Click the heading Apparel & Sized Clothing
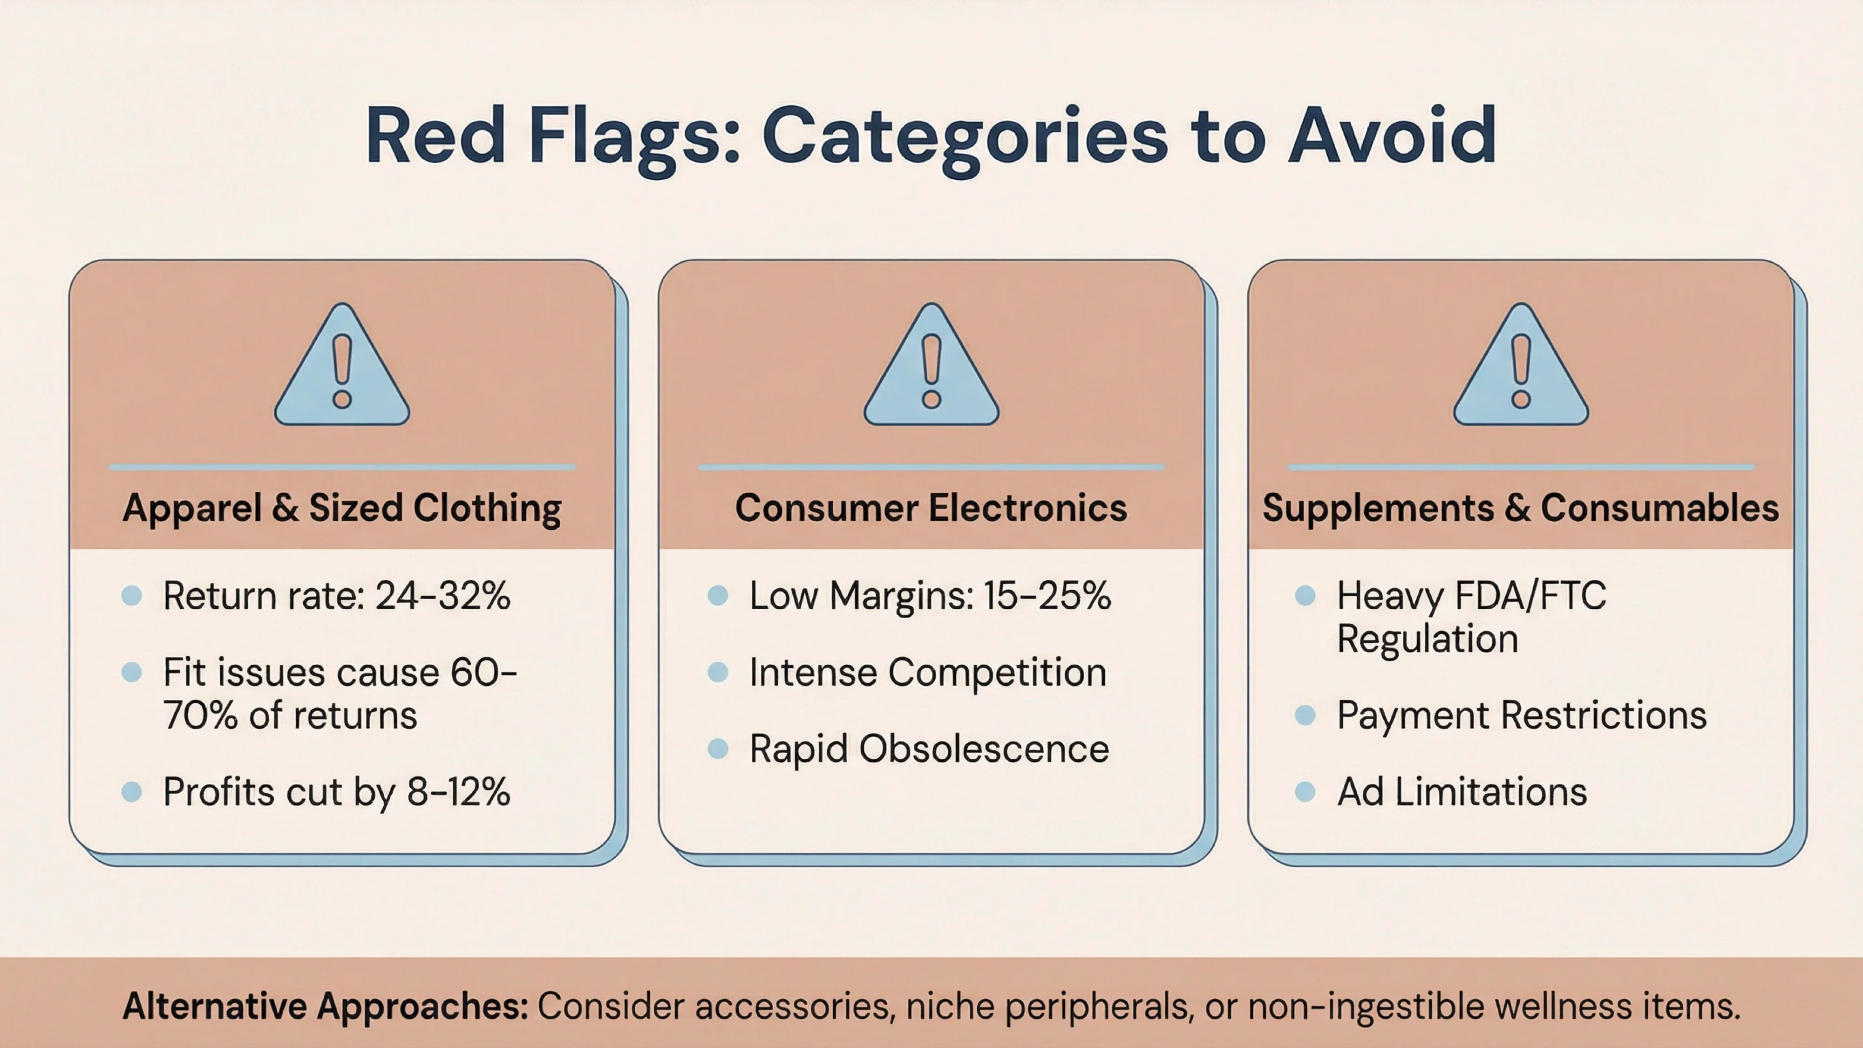(342, 508)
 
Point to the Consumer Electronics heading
(931, 508)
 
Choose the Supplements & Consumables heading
(1521, 508)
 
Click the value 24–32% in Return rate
(442, 596)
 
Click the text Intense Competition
(928, 673)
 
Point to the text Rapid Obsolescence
(929, 749)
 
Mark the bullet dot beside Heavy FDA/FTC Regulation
(1305, 596)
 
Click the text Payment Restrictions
(1522, 715)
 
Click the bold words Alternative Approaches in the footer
(326, 1006)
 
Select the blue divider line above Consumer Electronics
(931, 467)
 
